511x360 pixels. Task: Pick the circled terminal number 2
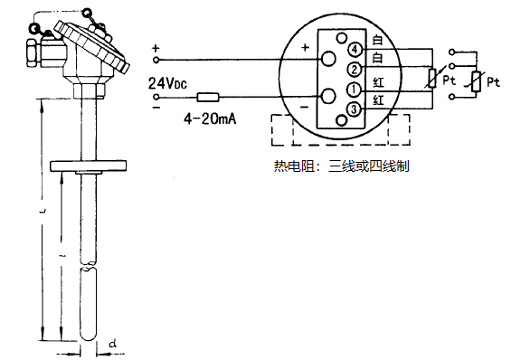(356, 69)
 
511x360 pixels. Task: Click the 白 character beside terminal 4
(378, 42)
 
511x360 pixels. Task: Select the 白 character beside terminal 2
(378, 60)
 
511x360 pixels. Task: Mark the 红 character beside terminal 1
(378, 82)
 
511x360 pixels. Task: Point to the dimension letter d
(110, 344)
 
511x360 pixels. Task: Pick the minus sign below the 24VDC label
(155, 105)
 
